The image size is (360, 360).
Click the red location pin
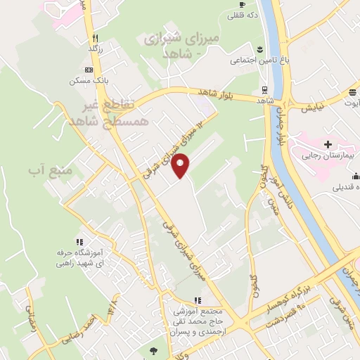[181, 165]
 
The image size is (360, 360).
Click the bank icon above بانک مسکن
[89, 70]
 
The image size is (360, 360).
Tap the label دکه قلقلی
[247, 14]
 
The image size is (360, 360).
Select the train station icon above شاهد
[264, 90]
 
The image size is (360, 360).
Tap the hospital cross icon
[328, 143]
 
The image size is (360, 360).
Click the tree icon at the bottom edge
[153, 349]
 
